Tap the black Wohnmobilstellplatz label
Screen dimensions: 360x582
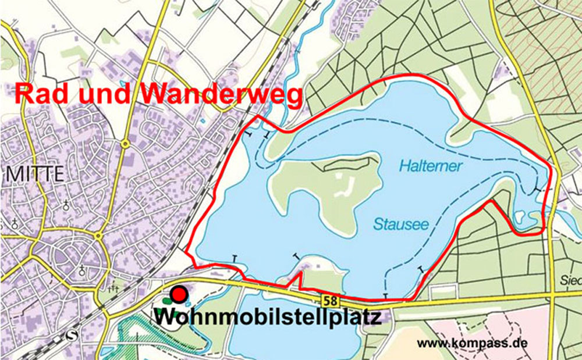pos(268,318)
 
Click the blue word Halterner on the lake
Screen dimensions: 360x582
pos(431,166)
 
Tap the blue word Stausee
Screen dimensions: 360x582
pos(401,224)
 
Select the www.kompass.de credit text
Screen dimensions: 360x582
pos(472,343)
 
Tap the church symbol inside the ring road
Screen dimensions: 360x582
pos(82,270)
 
